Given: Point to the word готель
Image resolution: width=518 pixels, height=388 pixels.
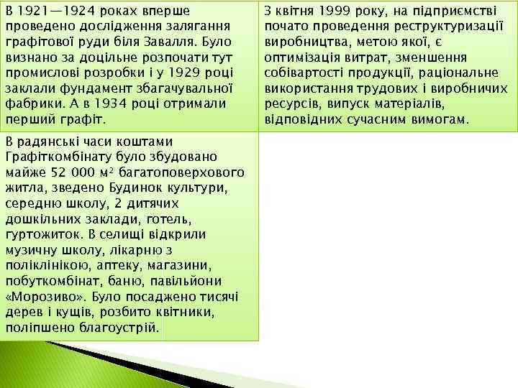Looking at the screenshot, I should click(x=166, y=218).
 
